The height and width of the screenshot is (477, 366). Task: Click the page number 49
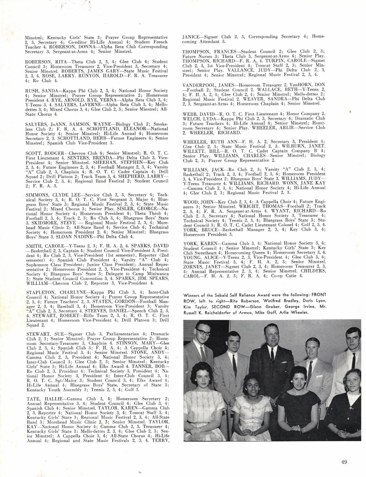[344, 462]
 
